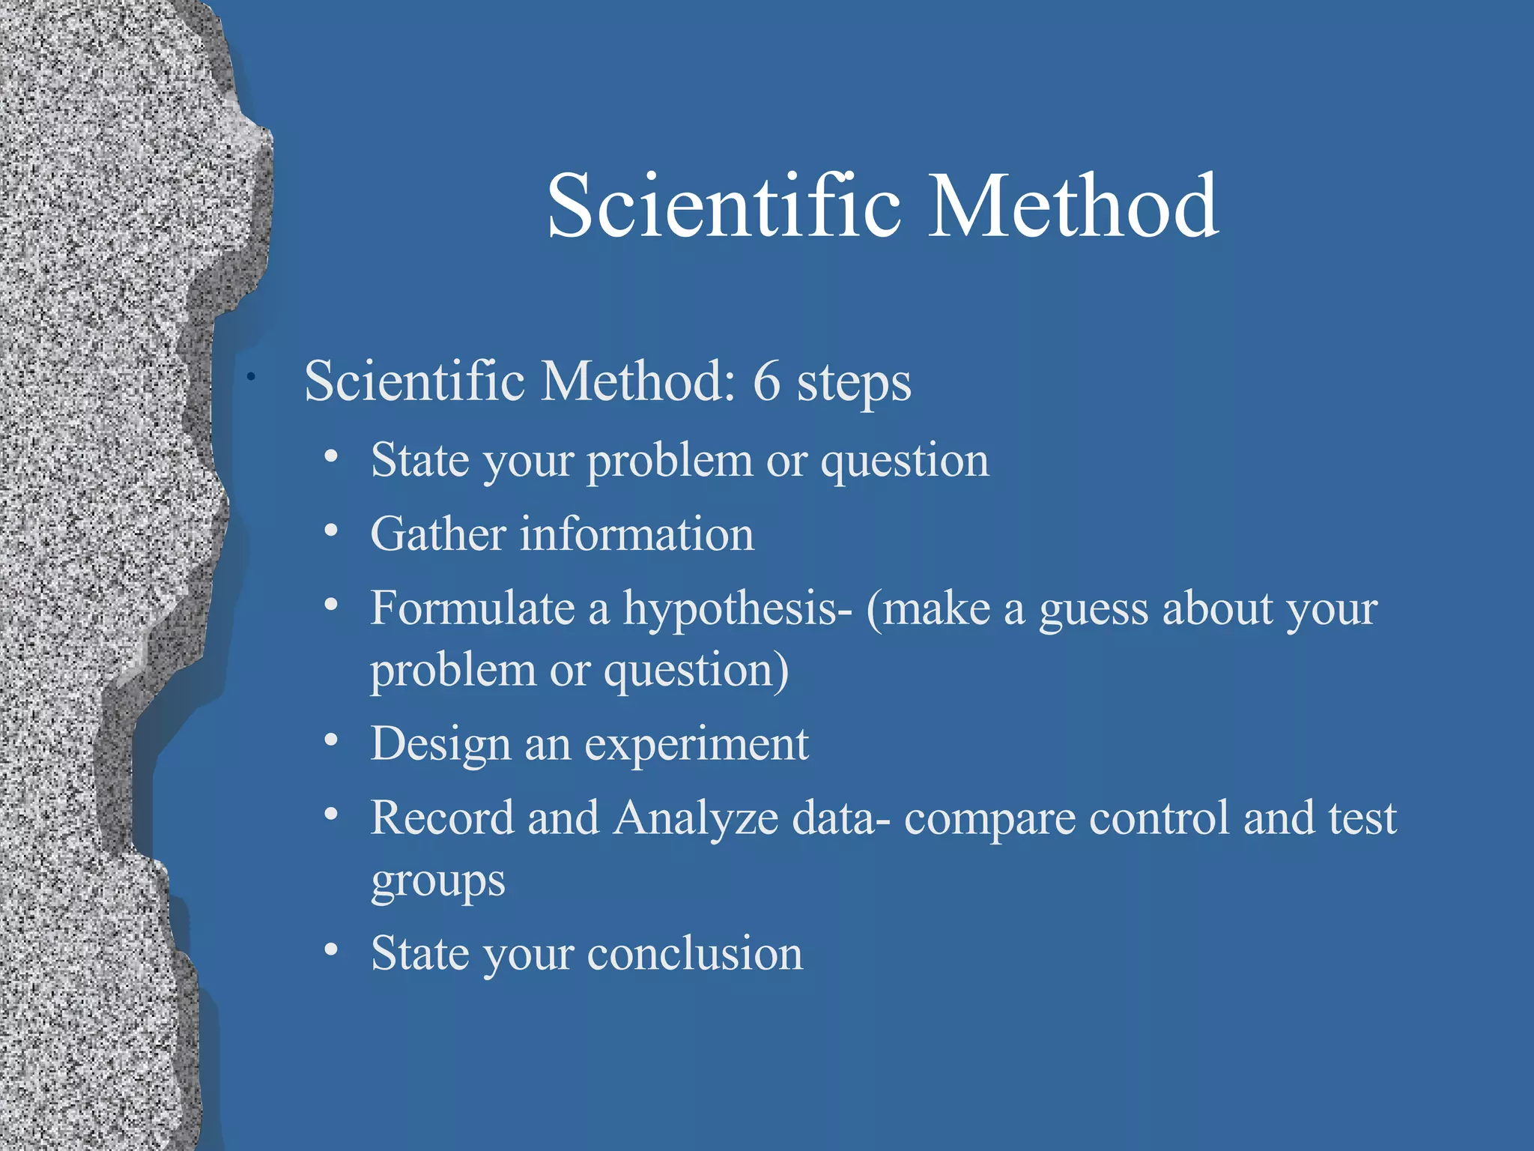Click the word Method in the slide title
point(1073,206)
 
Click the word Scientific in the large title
point(723,206)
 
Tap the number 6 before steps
point(766,381)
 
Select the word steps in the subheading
point(854,384)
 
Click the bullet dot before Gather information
point(331,531)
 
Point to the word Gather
point(439,534)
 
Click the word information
point(637,534)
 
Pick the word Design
point(440,746)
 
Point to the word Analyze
point(696,818)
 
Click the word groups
point(438,883)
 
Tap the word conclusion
point(694,954)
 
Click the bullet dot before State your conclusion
point(331,950)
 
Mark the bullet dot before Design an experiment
point(331,741)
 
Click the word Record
point(443,818)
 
